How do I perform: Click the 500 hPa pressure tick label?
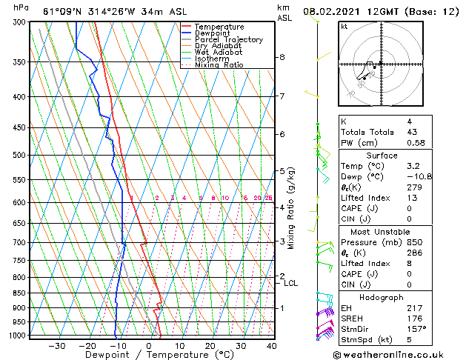point(20,156)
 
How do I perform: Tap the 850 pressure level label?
point(20,293)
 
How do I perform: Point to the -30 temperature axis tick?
point(56,345)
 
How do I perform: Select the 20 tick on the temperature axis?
point(210,345)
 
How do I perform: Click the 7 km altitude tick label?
point(282,96)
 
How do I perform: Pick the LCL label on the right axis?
point(291,283)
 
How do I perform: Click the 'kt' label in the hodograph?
point(344,27)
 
